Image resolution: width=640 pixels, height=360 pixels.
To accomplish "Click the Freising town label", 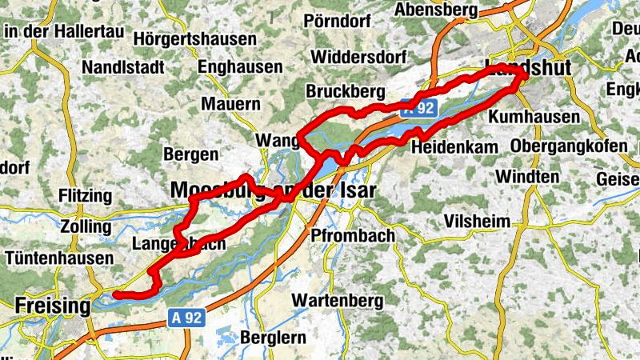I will click(54, 306).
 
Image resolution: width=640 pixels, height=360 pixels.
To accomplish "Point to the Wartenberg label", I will click(338, 300).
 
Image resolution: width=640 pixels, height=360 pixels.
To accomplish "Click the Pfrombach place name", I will click(353, 236).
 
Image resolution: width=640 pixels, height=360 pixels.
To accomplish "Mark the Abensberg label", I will click(436, 10).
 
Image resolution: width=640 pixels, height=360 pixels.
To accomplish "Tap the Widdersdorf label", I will click(359, 57).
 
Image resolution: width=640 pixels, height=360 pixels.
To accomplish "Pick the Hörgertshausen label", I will click(195, 38).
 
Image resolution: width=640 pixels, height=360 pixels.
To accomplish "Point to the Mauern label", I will click(231, 104).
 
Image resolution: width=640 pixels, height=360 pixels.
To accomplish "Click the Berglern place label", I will click(273, 337).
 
